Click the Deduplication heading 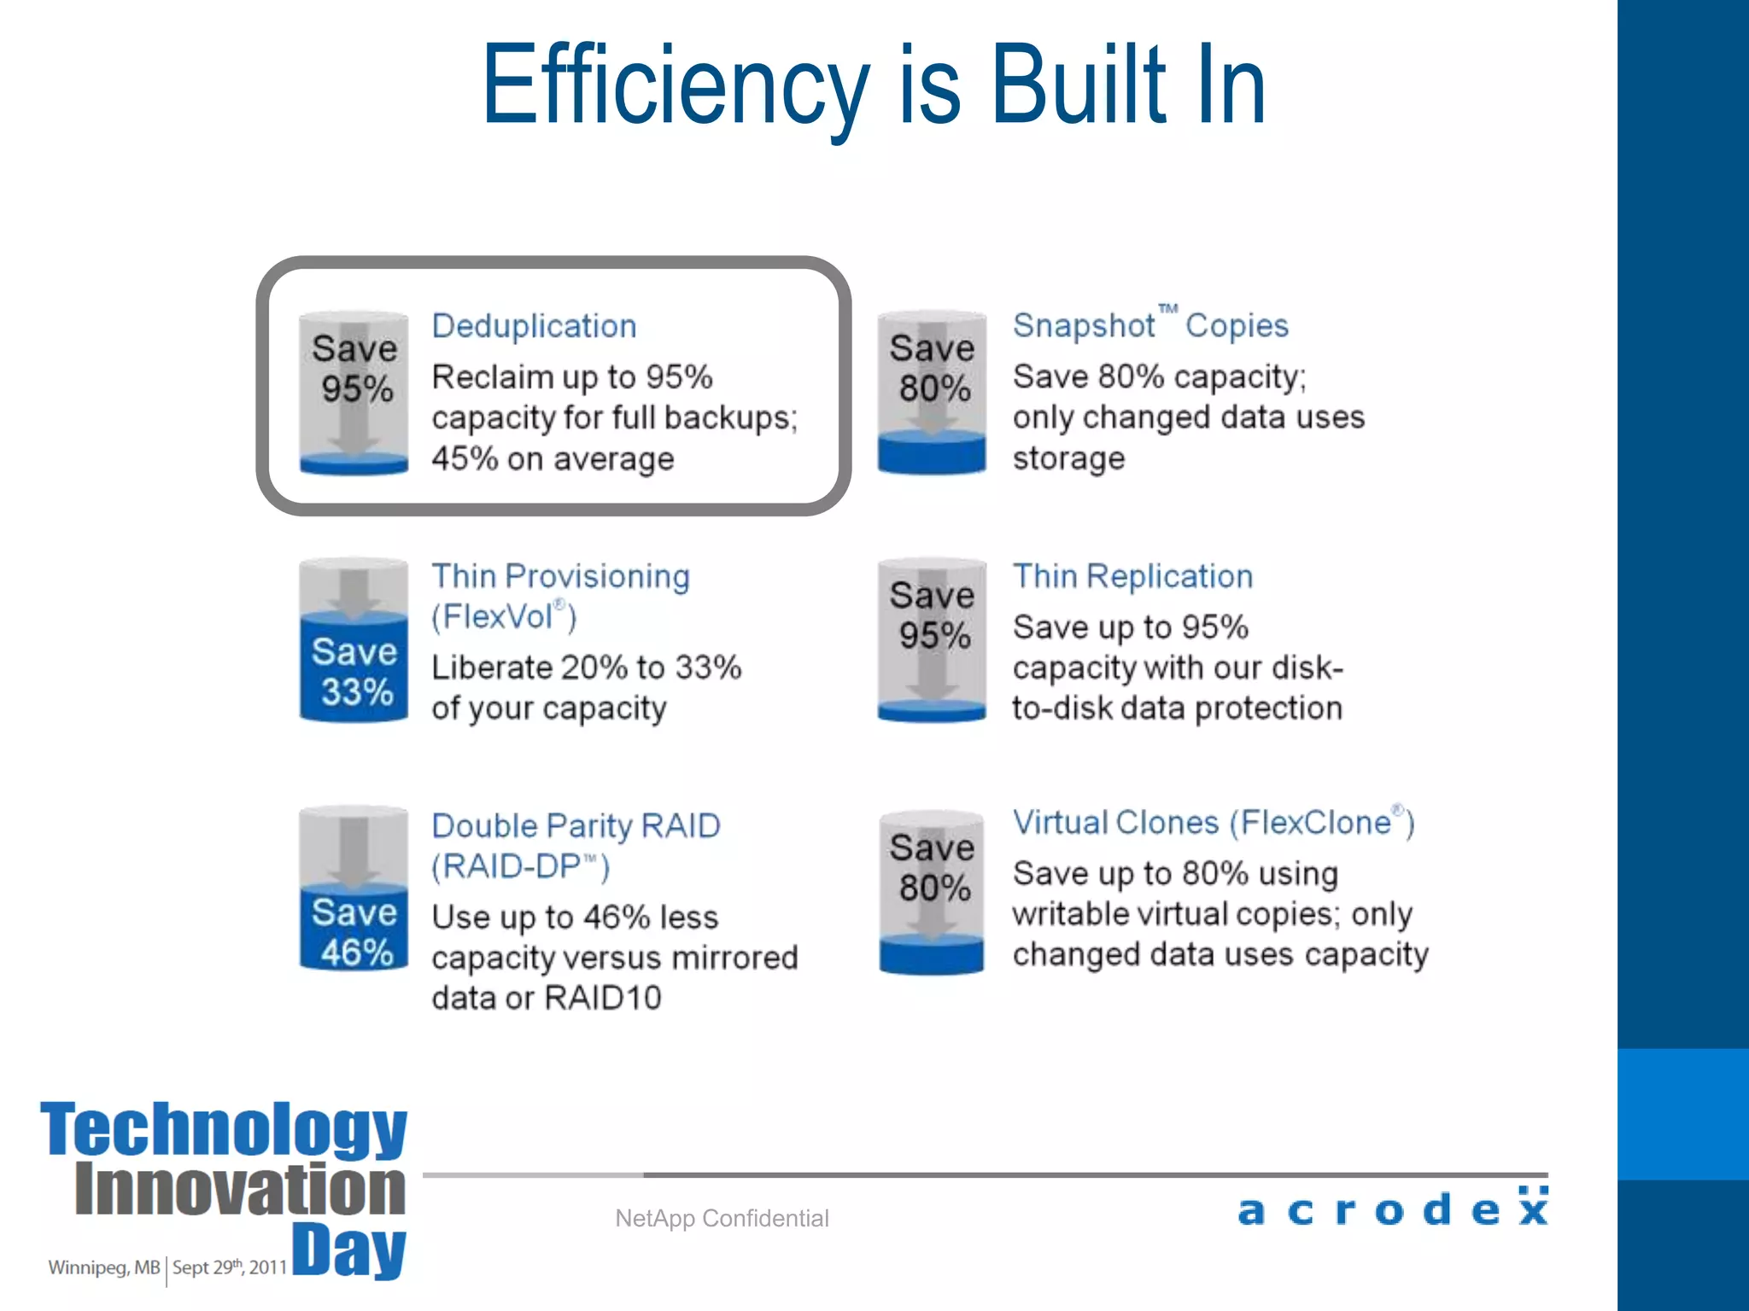[x=534, y=327]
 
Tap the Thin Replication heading [x=1132, y=577]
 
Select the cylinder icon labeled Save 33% [x=354, y=641]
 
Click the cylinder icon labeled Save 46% [x=354, y=889]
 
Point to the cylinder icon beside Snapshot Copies [x=932, y=392]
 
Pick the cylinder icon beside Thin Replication [x=932, y=641]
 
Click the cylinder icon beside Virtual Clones [x=932, y=892]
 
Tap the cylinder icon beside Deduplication [x=354, y=393]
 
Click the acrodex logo [x=1393, y=1208]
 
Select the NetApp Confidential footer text [x=722, y=1218]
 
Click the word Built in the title [x=1079, y=85]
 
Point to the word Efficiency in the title [x=675, y=85]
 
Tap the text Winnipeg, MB [x=103, y=1267]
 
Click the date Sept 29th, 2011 [x=229, y=1267]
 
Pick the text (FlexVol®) [x=504, y=616]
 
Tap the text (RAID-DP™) [x=520, y=867]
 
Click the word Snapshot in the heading [x=1084, y=326]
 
